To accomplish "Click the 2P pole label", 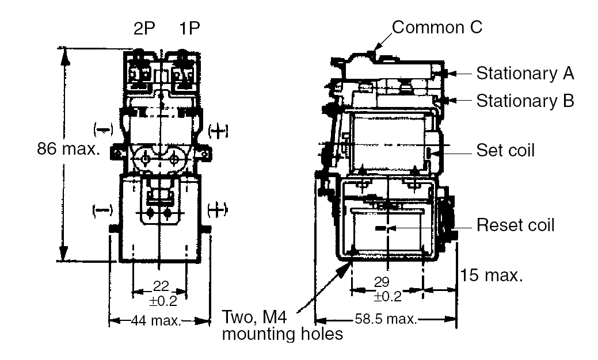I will (x=145, y=29).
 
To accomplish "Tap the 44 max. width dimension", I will (x=158, y=320).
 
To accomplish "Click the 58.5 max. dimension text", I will (x=386, y=319).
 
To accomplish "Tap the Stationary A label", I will (x=525, y=74).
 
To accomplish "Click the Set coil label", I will (x=505, y=151).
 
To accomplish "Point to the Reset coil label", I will (x=515, y=225).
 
